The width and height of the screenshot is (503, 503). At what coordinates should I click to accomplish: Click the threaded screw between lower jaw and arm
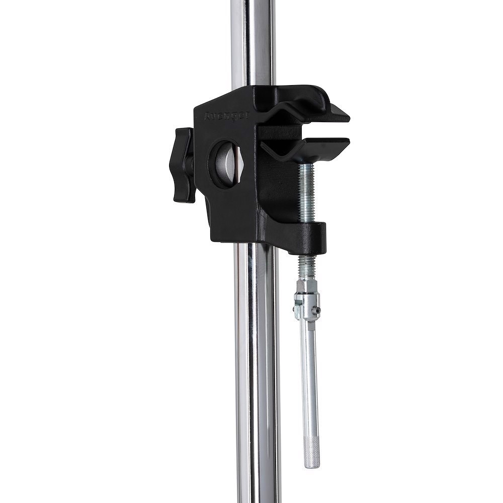pyautogui.click(x=306, y=191)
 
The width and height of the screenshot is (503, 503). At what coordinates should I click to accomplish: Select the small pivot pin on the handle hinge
pyautogui.click(x=316, y=311)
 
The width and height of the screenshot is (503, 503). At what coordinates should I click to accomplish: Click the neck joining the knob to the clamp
pyautogui.click(x=191, y=163)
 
